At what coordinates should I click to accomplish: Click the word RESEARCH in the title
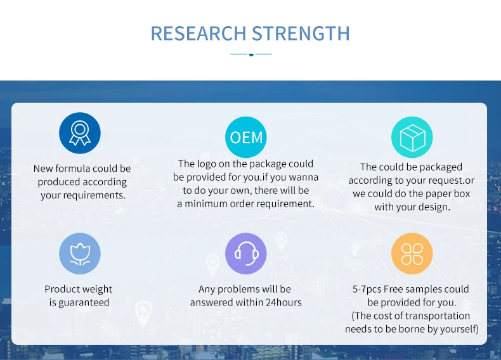pos(198,33)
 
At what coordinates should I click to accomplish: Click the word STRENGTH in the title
pos(301,33)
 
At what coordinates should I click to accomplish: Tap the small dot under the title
pos(251,55)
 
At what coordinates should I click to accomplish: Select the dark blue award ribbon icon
pos(80,133)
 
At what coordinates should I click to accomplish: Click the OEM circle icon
pos(246,138)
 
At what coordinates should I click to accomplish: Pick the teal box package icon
pos(412,138)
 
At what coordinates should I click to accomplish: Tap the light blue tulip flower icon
pos(80,254)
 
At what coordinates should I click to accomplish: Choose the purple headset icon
pos(246,254)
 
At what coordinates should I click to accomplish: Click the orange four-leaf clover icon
pos(412,254)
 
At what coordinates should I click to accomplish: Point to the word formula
pos(73,169)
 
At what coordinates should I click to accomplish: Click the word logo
pos(206,164)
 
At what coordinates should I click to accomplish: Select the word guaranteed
pos(84,302)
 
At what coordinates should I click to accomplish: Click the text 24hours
pos(283,302)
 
